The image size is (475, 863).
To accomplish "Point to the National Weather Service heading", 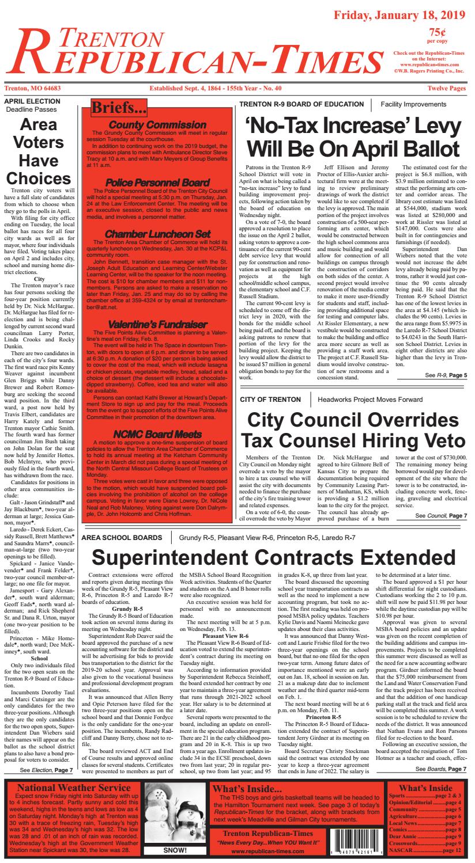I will point(74,788).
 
